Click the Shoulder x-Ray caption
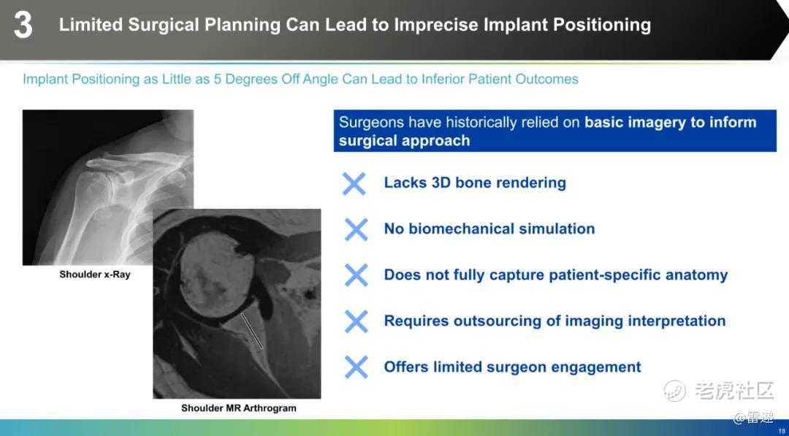[x=94, y=275]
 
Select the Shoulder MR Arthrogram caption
[x=238, y=408]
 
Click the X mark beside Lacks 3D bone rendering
[x=354, y=183]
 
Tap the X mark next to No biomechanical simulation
[x=357, y=229]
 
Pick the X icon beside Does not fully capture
[x=357, y=275]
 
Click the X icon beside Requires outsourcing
[x=357, y=321]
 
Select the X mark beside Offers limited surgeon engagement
[x=357, y=367]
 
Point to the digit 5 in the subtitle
[x=218, y=80]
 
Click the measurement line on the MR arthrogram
[x=251, y=331]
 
